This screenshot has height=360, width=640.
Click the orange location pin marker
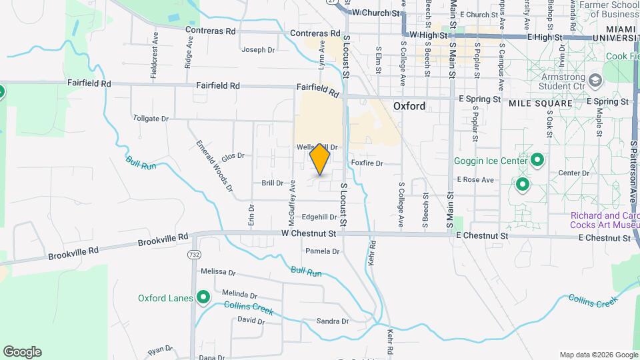pos(320,159)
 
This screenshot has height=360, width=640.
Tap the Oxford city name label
pos(409,106)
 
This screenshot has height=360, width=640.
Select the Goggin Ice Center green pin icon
pos(537,161)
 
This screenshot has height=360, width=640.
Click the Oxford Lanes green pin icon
pos(203,297)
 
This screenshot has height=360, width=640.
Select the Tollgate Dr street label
pos(151,118)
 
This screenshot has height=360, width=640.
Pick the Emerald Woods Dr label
pos(214,166)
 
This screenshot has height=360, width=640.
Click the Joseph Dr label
pos(258,49)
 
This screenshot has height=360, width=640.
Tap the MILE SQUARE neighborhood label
pos(540,103)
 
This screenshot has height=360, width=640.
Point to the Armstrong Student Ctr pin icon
pos(595,81)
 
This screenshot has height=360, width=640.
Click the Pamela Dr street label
pos(322,251)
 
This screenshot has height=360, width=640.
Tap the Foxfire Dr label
pos(367,163)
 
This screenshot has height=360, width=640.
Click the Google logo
pos(22,352)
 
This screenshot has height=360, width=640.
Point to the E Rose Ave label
pos(475,179)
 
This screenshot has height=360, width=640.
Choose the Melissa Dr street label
pos(219,272)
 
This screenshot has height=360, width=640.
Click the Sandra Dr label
pos(332,321)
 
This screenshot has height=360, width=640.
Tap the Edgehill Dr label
pos(319,217)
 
